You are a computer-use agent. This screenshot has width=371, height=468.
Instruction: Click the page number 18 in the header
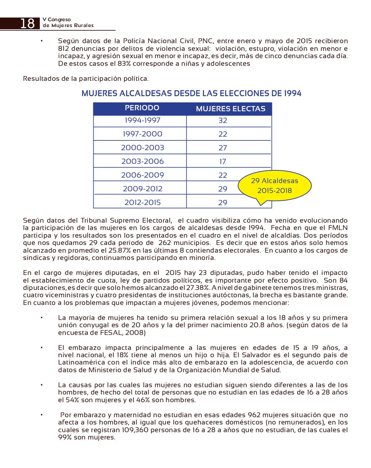(x=27, y=23)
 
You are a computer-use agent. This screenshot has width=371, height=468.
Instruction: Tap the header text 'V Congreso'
(x=57, y=19)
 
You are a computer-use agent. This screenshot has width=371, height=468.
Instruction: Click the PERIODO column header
(x=142, y=108)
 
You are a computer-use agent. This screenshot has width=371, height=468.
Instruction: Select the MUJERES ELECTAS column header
(x=230, y=109)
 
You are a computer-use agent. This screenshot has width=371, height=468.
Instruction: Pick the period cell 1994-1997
(x=142, y=120)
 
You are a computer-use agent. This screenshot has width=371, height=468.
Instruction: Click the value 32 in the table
(x=223, y=121)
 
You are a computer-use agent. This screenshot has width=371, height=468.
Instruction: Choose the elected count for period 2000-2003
(x=223, y=148)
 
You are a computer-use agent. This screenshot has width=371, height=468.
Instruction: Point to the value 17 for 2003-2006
(x=223, y=162)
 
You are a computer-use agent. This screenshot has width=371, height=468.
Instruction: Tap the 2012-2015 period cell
(x=142, y=203)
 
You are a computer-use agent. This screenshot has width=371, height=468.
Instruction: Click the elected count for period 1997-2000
(x=223, y=134)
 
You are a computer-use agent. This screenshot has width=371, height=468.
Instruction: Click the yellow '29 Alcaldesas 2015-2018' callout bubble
(x=274, y=186)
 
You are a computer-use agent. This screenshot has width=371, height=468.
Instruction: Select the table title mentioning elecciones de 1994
(x=191, y=93)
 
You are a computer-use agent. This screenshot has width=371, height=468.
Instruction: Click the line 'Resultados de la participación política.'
(x=86, y=79)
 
